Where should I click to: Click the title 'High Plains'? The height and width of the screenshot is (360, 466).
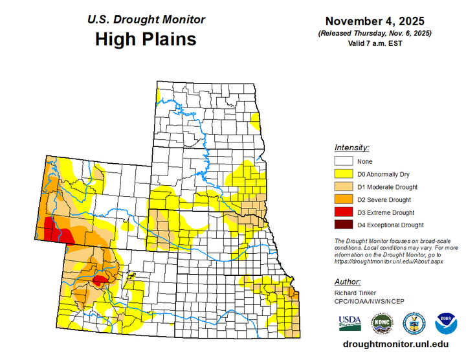tap(146, 39)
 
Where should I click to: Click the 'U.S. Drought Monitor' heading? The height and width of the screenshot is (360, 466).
tap(146, 19)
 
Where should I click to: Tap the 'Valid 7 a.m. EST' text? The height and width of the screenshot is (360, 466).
tap(375, 43)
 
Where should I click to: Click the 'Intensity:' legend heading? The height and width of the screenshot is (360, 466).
tap(352, 148)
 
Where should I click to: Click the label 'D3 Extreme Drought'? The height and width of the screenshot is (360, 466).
tap(386, 212)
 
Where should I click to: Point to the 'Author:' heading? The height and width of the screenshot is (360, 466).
tap(348, 282)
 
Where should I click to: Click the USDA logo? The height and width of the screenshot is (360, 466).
tap(349, 322)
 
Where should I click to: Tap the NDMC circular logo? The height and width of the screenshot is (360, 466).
tap(381, 322)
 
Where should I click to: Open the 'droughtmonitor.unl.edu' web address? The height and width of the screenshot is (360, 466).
tap(396, 344)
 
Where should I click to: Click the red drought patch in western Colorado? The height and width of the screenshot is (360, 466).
tap(100, 281)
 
